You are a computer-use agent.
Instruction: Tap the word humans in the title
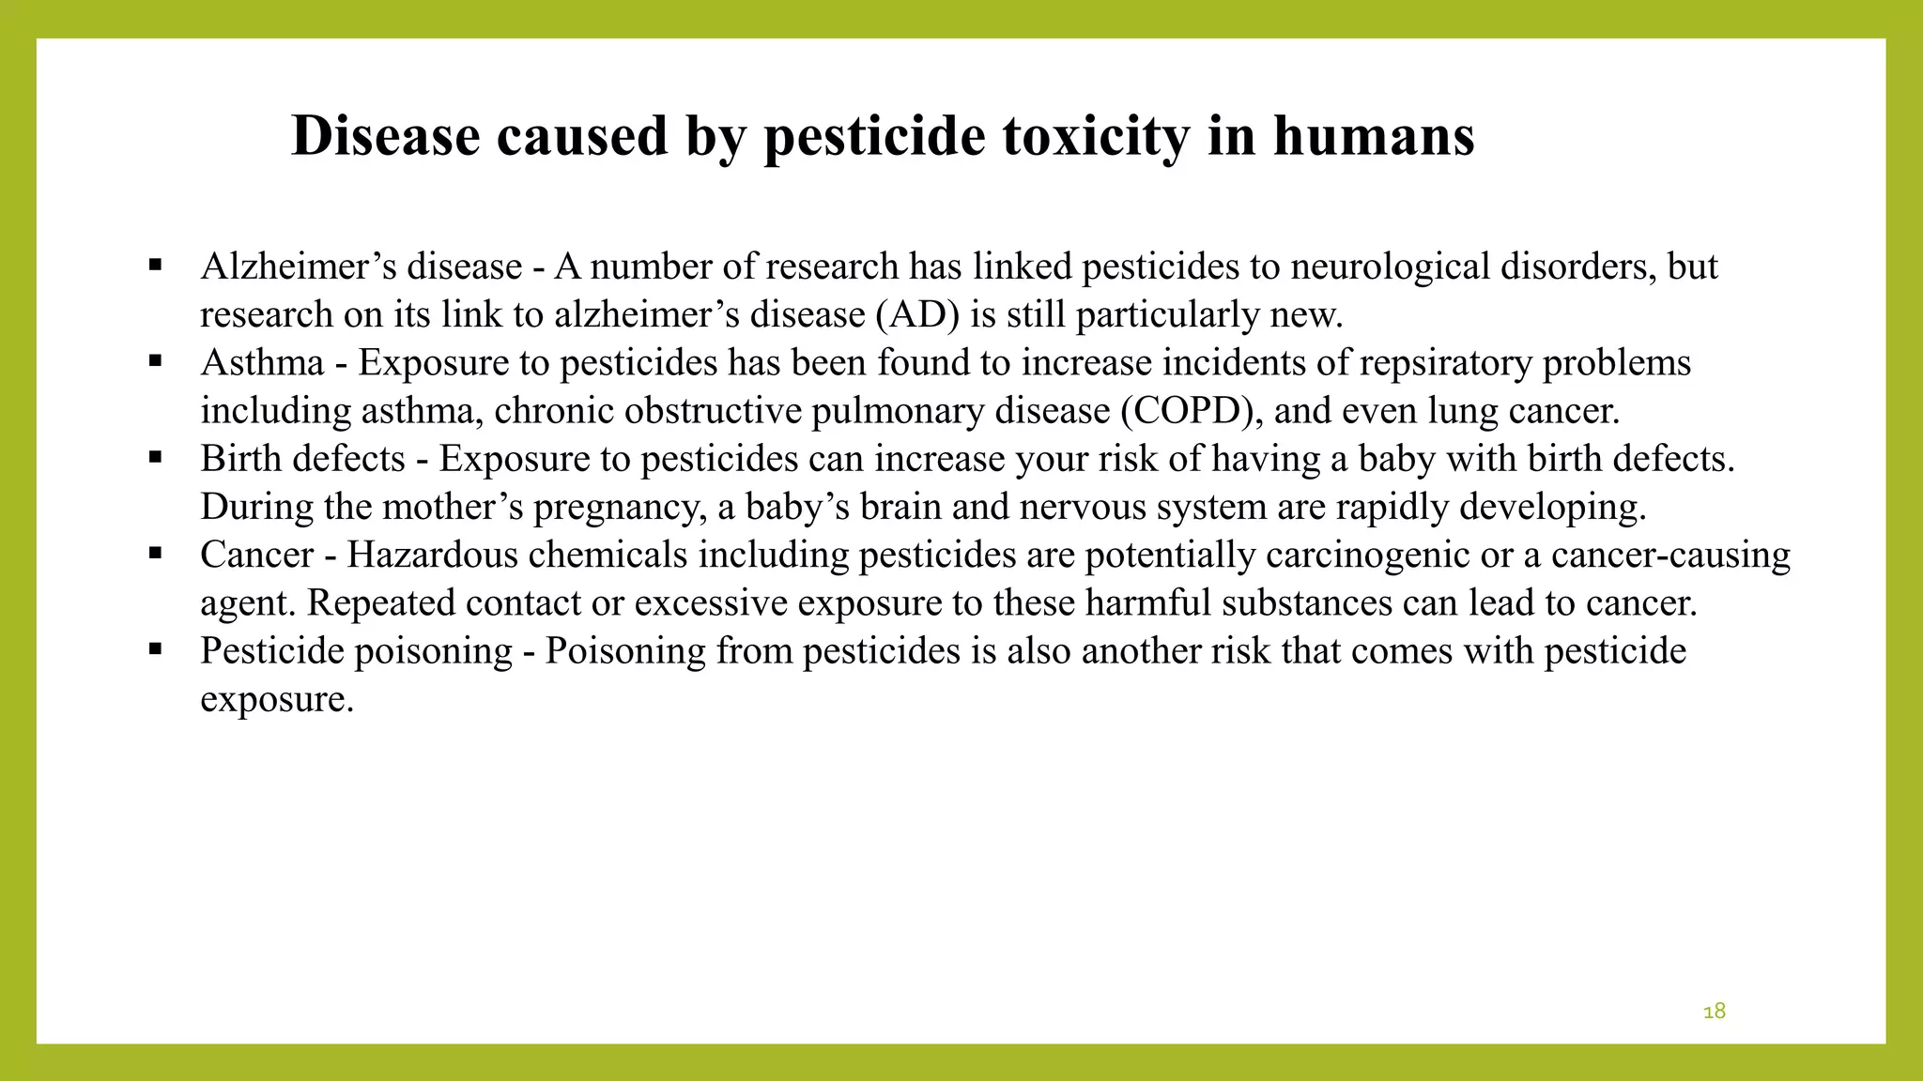1374,136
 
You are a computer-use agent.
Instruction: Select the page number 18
1714,1011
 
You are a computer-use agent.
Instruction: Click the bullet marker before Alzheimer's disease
156,265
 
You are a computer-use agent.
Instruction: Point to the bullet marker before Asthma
156,360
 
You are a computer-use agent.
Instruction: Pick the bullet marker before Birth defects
156,457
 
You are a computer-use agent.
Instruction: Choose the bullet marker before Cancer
156,553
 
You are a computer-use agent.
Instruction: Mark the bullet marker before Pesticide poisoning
156,648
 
